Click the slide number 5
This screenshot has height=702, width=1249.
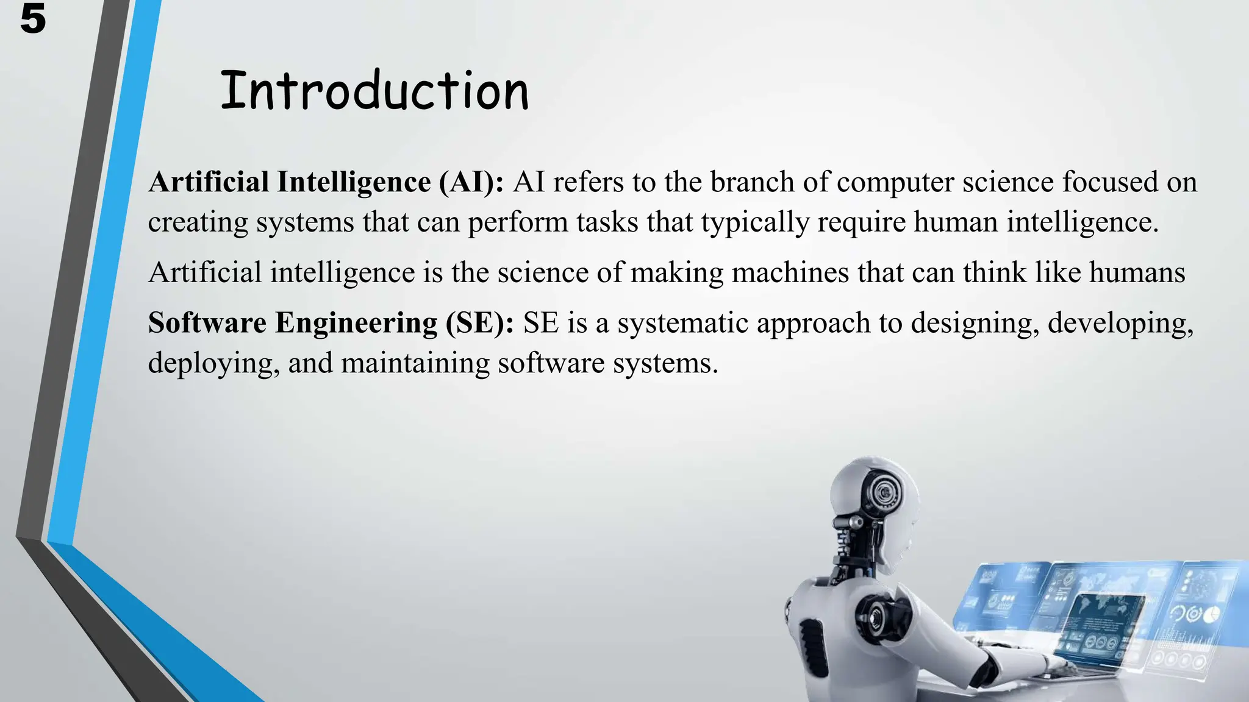32,19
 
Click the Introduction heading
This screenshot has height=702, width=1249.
374,91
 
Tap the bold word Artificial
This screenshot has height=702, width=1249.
208,182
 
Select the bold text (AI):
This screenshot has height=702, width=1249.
471,182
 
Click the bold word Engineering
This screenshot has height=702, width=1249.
356,324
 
